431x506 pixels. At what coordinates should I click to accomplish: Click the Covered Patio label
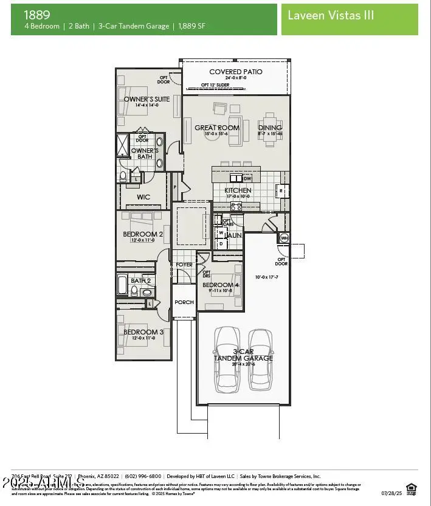pos(236,72)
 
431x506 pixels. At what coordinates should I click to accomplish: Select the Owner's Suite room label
pos(147,99)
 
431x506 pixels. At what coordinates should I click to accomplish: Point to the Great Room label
pos(217,128)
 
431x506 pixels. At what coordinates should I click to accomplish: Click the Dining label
pos(269,128)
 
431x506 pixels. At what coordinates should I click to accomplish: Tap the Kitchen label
pos(238,190)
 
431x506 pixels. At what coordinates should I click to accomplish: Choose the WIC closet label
pos(143,197)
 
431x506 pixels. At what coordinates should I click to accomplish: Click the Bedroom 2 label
pos(143,234)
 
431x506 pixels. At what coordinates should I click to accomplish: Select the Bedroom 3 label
pos(143,332)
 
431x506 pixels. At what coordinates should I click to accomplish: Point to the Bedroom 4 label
pos(221,285)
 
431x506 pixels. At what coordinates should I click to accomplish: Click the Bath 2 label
pos(140,280)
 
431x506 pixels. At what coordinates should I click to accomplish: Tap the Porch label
pos(184,302)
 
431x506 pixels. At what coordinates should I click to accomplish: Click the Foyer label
pos(184,265)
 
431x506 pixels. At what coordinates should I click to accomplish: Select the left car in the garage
pos(228,359)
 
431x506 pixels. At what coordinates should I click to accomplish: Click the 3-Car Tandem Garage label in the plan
pos(243,355)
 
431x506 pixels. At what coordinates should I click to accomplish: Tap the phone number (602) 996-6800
pos(144,476)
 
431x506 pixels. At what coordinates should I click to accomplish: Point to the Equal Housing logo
pos(411,487)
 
